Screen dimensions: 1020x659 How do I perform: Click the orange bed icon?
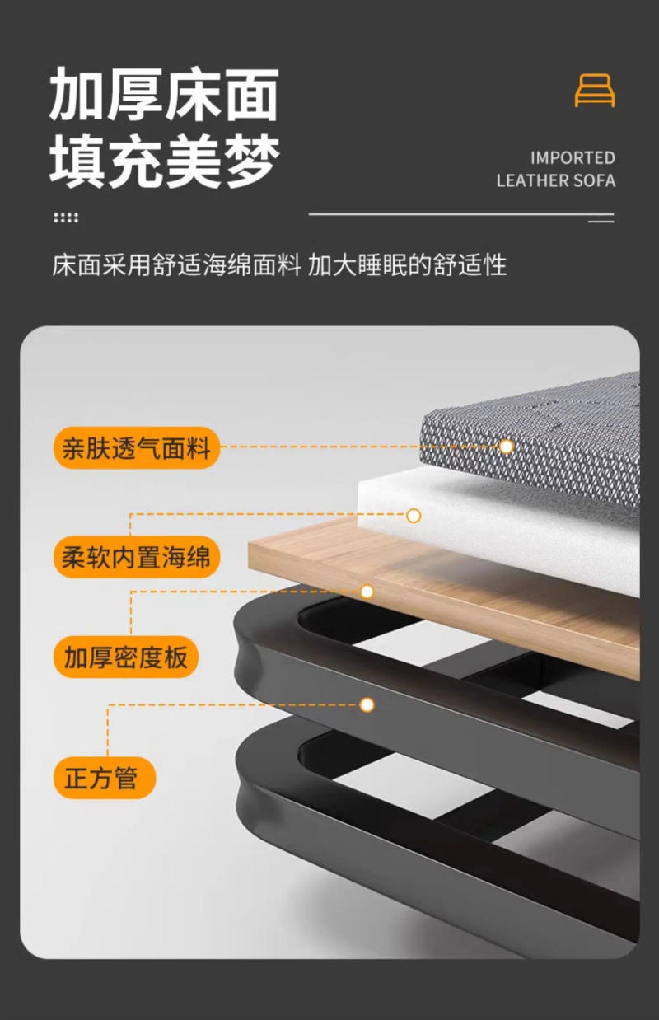tap(594, 90)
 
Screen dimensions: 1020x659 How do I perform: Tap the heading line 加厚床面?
tap(164, 96)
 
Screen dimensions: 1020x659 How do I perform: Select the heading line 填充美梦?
tap(164, 160)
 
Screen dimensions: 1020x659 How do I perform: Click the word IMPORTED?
tap(573, 157)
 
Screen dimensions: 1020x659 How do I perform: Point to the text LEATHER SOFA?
tap(555, 180)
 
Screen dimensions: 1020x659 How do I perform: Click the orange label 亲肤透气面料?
tap(137, 448)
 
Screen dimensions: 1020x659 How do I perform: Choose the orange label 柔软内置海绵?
tap(137, 557)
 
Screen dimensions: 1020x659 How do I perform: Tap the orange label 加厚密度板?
tap(126, 657)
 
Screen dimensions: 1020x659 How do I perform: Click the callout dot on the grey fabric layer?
tap(507, 447)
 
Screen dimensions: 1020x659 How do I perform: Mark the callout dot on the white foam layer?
tap(414, 516)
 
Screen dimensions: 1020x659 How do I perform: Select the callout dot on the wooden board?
tap(367, 592)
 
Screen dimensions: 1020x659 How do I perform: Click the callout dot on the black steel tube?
tap(367, 704)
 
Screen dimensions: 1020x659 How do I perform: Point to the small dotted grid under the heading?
tap(66, 218)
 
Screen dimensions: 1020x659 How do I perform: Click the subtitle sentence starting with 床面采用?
tap(279, 265)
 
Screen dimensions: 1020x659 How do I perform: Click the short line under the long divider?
tap(601, 221)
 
